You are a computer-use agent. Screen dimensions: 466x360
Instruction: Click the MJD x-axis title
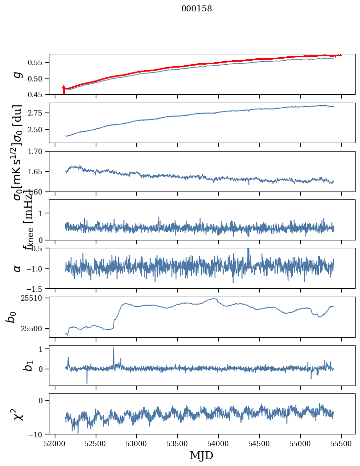pyautogui.click(x=201, y=455)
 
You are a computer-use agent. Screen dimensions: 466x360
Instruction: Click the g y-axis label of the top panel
pyautogui.click(x=18, y=74)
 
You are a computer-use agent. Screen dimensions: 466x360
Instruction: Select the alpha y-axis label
pyautogui.click(x=18, y=268)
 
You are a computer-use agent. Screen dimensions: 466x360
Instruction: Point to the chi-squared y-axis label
pyautogui.click(x=18, y=414)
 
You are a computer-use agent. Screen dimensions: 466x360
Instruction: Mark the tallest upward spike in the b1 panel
pyautogui.click(x=114, y=348)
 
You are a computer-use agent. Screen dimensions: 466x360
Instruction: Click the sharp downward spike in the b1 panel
pyautogui.click(x=87, y=383)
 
